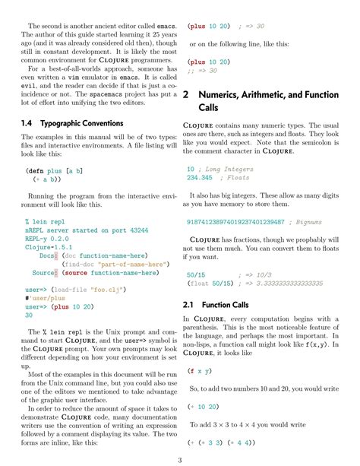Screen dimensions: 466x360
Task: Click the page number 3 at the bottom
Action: [x=180, y=460]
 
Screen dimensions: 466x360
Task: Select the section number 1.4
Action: [x=27, y=123]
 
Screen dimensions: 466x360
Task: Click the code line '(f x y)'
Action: [x=200, y=371]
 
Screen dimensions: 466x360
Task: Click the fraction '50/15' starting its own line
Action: [x=196, y=274]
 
